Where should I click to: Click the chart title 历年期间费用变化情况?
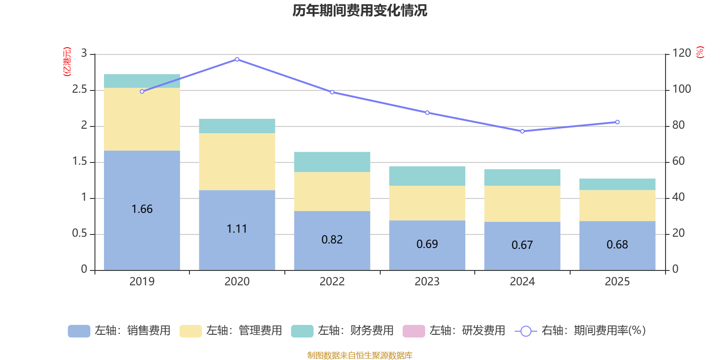tap(360, 10)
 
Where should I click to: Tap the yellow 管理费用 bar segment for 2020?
tap(237, 162)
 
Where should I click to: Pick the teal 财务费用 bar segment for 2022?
tap(332, 162)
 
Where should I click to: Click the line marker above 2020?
tap(237, 59)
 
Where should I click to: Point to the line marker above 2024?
tap(522, 131)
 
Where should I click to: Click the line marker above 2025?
tap(617, 122)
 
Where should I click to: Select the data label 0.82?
tap(332, 240)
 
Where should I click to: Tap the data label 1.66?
tap(142, 209)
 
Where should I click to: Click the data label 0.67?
tap(522, 245)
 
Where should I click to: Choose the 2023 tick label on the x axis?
tap(427, 282)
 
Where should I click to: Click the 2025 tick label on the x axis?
tap(617, 282)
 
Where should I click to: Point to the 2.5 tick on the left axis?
tap(80, 90)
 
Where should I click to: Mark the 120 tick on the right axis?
tap(682, 54)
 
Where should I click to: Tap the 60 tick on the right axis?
tap(679, 161)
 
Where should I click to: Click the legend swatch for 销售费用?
tap(79, 331)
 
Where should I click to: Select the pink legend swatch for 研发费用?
tap(414, 331)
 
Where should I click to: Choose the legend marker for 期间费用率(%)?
tap(526, 331)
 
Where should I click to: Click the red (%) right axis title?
tap(700, 52)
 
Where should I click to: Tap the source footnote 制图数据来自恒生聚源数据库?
tap(360, 355)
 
